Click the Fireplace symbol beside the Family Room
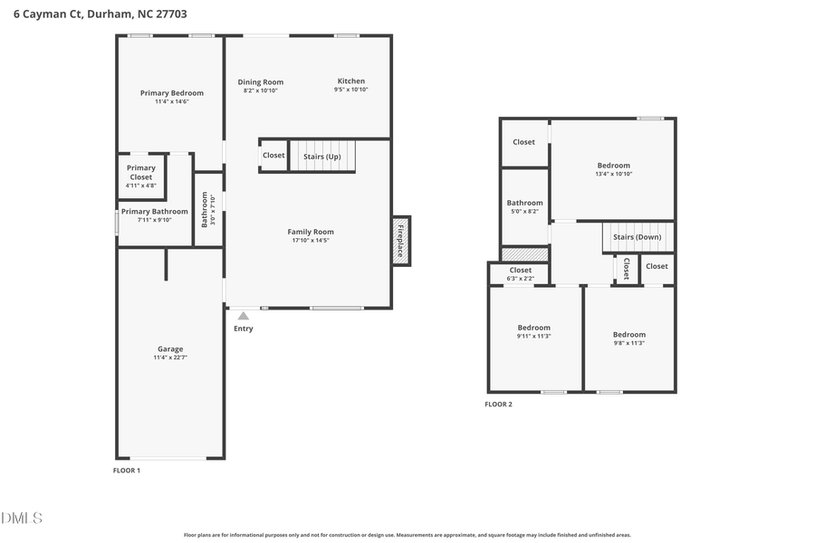pyautogui.click(x=401, y=241)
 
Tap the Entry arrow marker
pyautogui.click(x=243, y=316)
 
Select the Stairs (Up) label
pyautogui.click(x=321, y=156)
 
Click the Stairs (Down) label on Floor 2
pyautogui.click(x=637, y=237)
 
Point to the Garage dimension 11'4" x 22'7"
pyautogui.click(x=170, y=358)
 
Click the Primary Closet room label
pyautogui.click(x=140, y=172)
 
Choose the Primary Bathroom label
pyautogui.click(x=154, y=212)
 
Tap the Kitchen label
pyautogui.click(x=350, y=81)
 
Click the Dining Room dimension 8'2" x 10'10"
pyautogui.click(x=261, y=90)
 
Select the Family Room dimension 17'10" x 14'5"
pyautogui.click(x=311, y=241)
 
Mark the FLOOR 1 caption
pyautogui.click(x=126, y=471)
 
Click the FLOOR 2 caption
pyautogui.click(x=498, y=405)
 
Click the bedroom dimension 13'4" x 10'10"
pyautogui.click(x=613, y=174)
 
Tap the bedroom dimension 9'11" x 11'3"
pyautogui.click(x=533, y=337)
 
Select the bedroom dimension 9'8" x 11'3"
pyautogui.click(x=628, y=343)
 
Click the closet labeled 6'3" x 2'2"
pyautogui.click(x=521, y=278)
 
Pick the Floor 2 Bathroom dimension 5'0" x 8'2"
pyautogui.click(x=524, y=211)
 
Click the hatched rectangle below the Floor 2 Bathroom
pyautogui.click(x=524, y=254)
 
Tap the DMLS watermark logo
pyautogui.click(x=22, y=518)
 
